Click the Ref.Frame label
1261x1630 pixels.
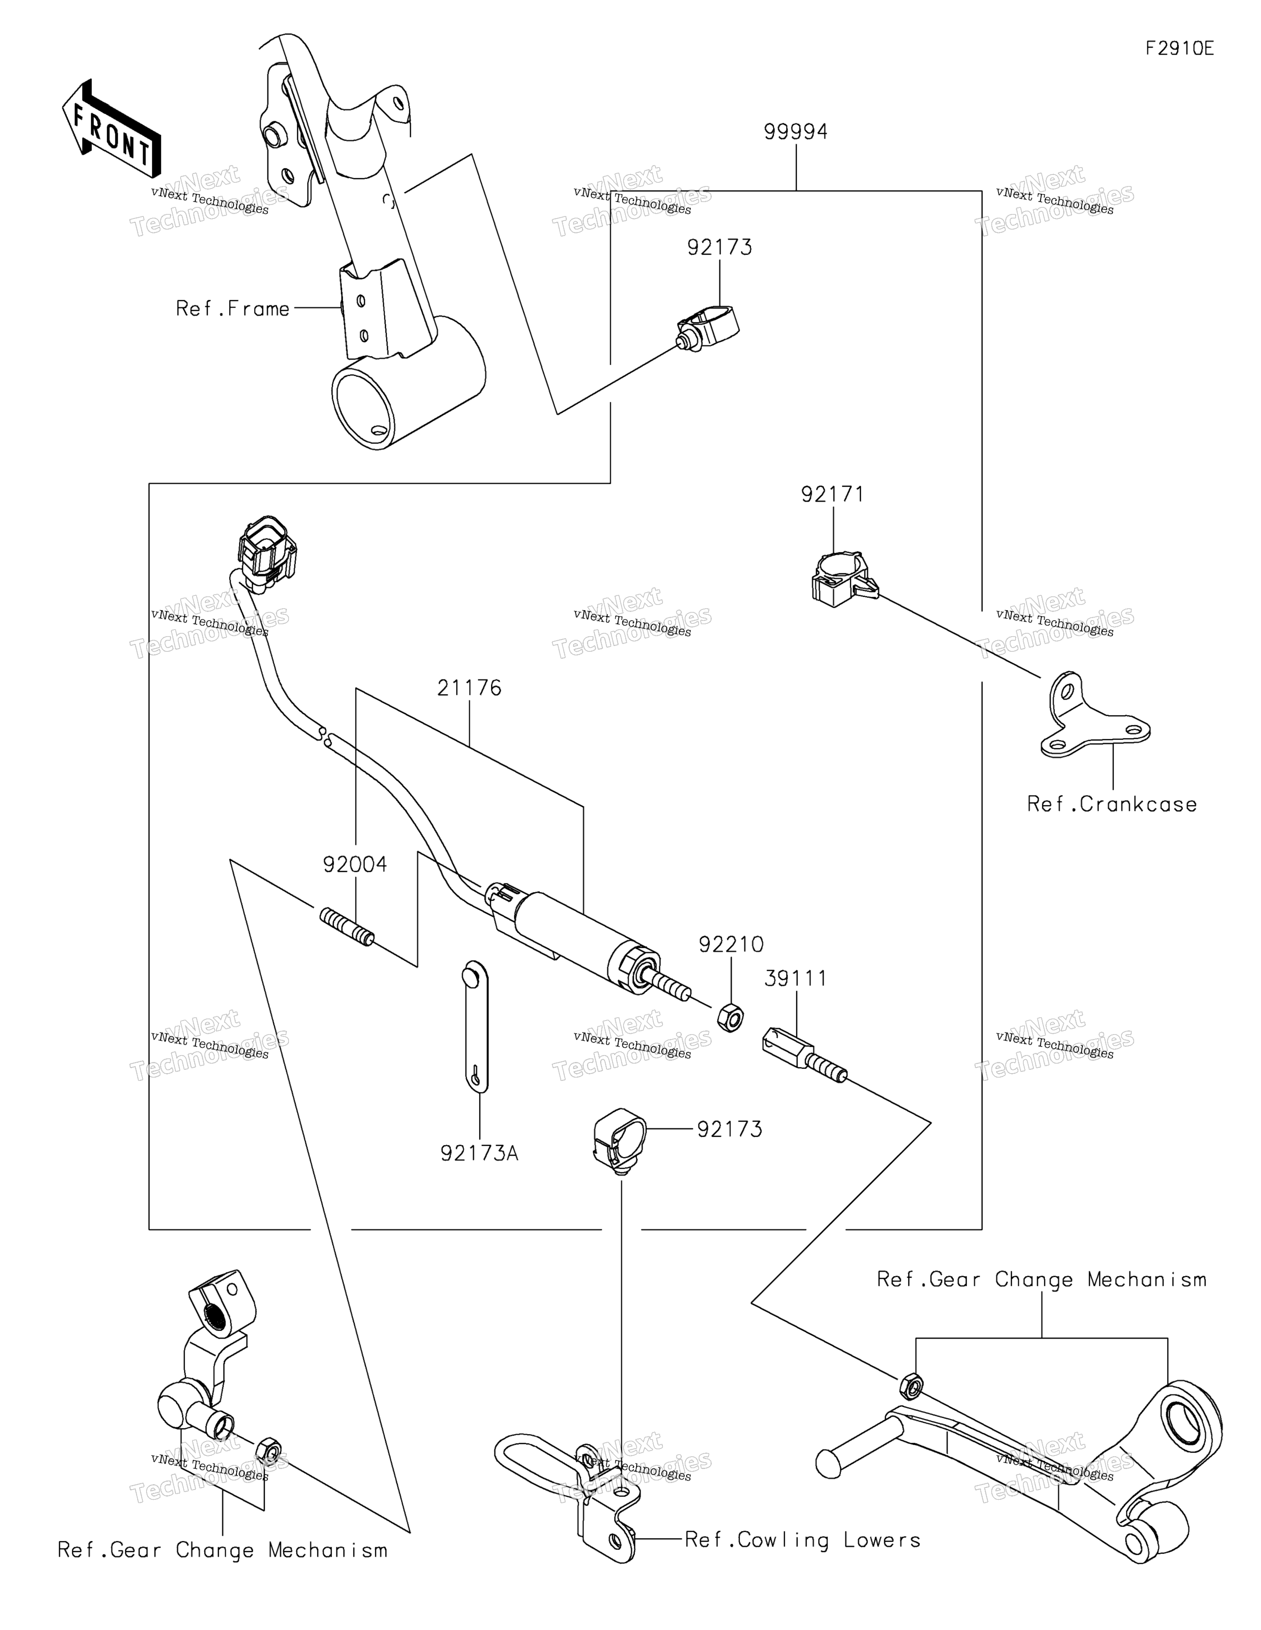point(233,308)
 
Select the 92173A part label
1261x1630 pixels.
point(479,1153)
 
